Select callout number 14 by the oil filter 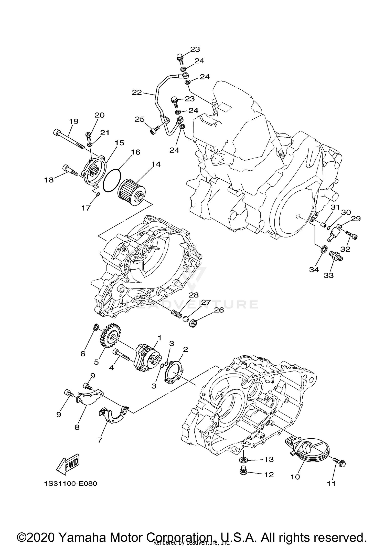click(x=156, y=164)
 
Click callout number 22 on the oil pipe click(x=137, y=92)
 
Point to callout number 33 click(x=329, y=275)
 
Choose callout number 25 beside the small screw click(x=140, y=119)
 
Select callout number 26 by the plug click(x=219, y=310)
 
